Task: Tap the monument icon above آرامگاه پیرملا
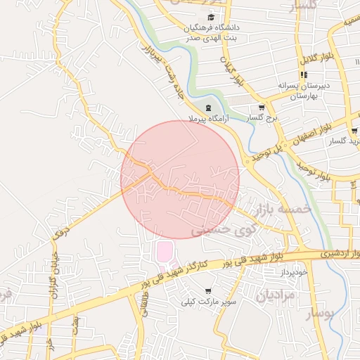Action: (207, 108)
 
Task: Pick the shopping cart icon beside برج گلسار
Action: (262, 108)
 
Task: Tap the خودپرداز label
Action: (293, 271)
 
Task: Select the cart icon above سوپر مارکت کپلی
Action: (208, 290)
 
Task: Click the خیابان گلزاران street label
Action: (51, 288)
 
